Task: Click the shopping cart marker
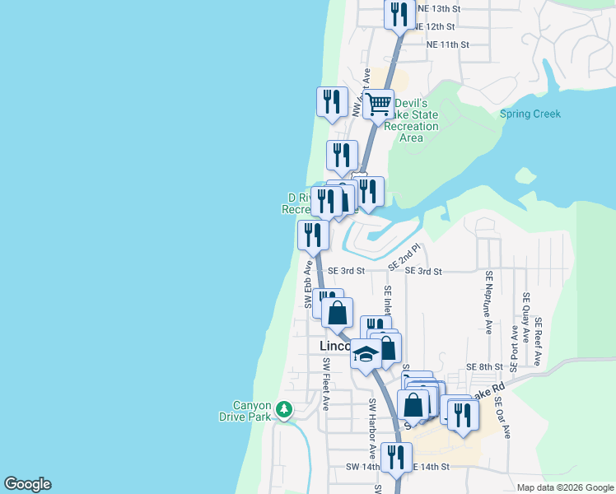tap(379, 105)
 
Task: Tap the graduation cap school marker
tap(366, 355)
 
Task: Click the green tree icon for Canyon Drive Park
tap(284, 408)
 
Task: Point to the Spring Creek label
tap(530, 114)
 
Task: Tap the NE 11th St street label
tap(447, 44)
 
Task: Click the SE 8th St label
tap(484, 366)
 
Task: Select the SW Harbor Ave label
tap(372, 428)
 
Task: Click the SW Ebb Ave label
tap(309, 285)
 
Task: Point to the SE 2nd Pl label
tap(405, 257)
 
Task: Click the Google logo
tap(27, 484)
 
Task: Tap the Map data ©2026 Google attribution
tap(564, 487)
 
